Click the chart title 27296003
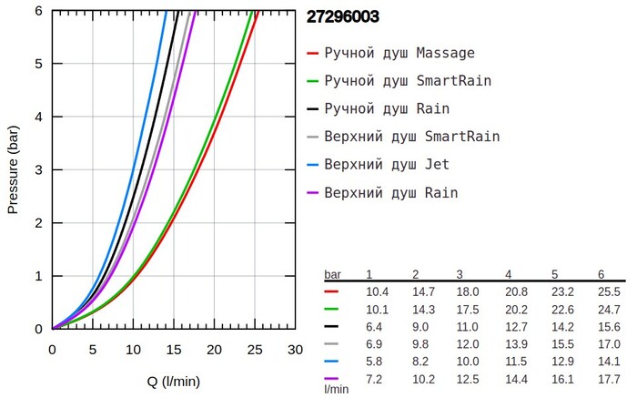tap(344, 16)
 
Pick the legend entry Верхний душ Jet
tap(386, 165)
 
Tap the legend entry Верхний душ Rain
tap(390, 193)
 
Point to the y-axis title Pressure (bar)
tap(13, 169)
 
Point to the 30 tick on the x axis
tap(295, 350)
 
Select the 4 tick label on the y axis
tap(38, 117)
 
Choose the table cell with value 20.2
tap(514, 310)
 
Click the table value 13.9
tap(514, 344)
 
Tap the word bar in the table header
tap(333, 274)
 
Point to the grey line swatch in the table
tap(331, 344)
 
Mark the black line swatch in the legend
tap(313, 109)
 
